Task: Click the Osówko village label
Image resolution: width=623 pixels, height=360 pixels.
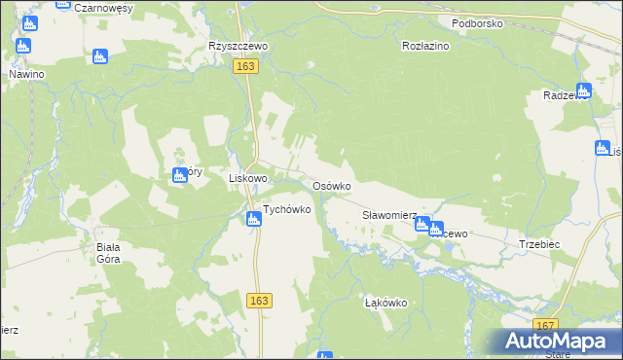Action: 331,186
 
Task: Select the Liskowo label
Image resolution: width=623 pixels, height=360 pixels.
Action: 247,179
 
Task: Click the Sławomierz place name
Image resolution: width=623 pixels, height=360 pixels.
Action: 389,215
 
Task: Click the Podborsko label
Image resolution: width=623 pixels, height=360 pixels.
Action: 476,22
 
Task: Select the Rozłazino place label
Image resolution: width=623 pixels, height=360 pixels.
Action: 425,46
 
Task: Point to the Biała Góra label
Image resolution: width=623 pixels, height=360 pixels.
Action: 108,253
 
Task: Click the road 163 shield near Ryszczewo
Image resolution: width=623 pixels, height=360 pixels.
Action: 245,65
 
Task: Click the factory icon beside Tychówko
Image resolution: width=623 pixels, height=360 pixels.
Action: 253,220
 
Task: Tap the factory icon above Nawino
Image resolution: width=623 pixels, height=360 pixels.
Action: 23,46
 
